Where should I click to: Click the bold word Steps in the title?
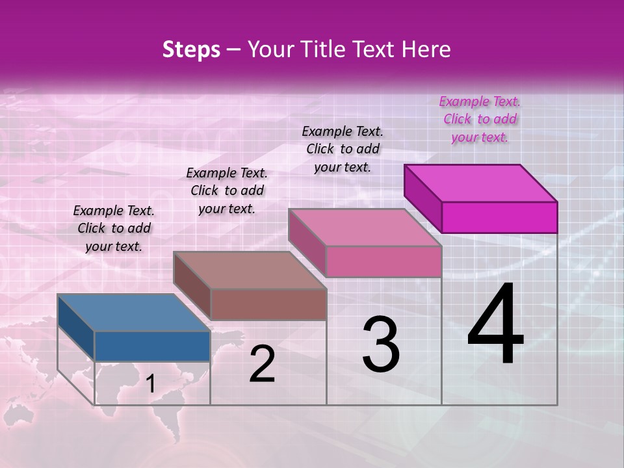pyautogui.click(x=191, y=49)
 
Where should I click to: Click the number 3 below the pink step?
pyautogui.click(x=381, y=344)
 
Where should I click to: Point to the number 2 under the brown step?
pyautogui.click(x=262, y=364)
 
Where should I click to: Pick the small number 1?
pyautogui.click(x=151, y=384)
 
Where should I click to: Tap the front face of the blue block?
pyautogui.click(x=152, y=346)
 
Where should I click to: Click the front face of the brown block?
pyautogui.click(x=268, y=304)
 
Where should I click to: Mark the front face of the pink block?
pyautogui.click(x=383, y=261)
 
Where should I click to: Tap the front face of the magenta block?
pyautogui.click(x=499, y=217)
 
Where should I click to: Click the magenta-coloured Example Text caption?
pyautogui.click(x=480, y=119)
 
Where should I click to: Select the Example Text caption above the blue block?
pyautogui.click(x=114, y=228)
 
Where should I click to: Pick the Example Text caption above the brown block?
pyautogui.click(x=227, y=190)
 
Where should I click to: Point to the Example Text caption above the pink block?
pyautogui.click(x=343, y=149)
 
